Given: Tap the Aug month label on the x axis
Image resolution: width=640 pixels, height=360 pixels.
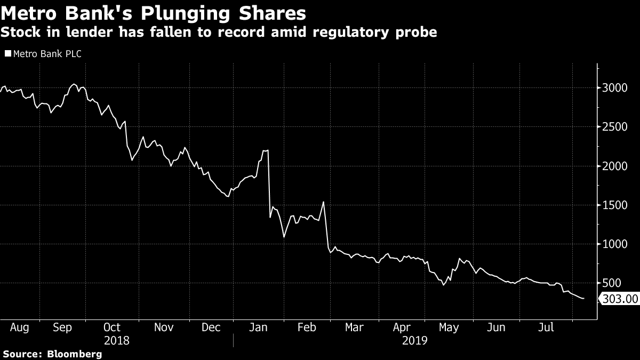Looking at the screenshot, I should pyautogui.click(x=20, y=327).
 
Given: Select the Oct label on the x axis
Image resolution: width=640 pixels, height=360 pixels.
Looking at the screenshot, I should pyautogui.click(x=112, y=327).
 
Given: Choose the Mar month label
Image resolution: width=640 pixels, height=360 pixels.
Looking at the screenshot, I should pyautogui.click(x=355, y=327).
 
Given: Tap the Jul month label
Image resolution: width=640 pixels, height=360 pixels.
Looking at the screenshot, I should pyautogui.click(x=546, y=327).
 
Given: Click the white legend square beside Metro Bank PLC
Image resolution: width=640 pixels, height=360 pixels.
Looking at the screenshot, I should pyautogui.click(x=7, y=54).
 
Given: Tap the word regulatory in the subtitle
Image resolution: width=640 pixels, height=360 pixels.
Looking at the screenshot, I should pyautogui.click(x=349, y=33).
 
